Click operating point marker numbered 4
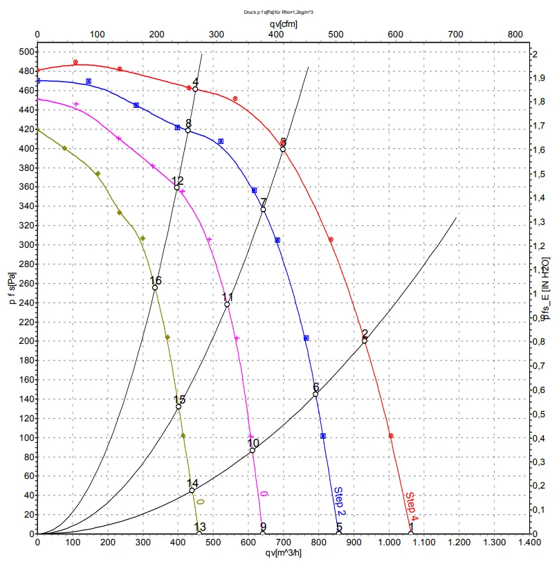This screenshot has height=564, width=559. [x=196, y=89]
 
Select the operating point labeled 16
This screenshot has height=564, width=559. [x=155, y=287]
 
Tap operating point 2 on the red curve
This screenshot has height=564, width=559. [x=365, y=340]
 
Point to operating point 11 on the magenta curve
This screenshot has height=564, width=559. [x=227, y=304]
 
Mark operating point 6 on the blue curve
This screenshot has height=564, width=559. [x=316, y=394]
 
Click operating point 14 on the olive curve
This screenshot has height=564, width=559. [x=192, y=491]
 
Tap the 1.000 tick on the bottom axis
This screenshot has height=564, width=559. [x=390, y=545]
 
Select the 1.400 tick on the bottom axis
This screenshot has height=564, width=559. [x=529, y=545]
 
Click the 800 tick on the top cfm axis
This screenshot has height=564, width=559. [x=515, y=33]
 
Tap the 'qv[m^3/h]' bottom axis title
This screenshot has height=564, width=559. [x=282, y=554]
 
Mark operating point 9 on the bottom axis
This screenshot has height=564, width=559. [x=263, y=533]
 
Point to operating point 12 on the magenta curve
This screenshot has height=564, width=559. [x=177, y=188]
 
